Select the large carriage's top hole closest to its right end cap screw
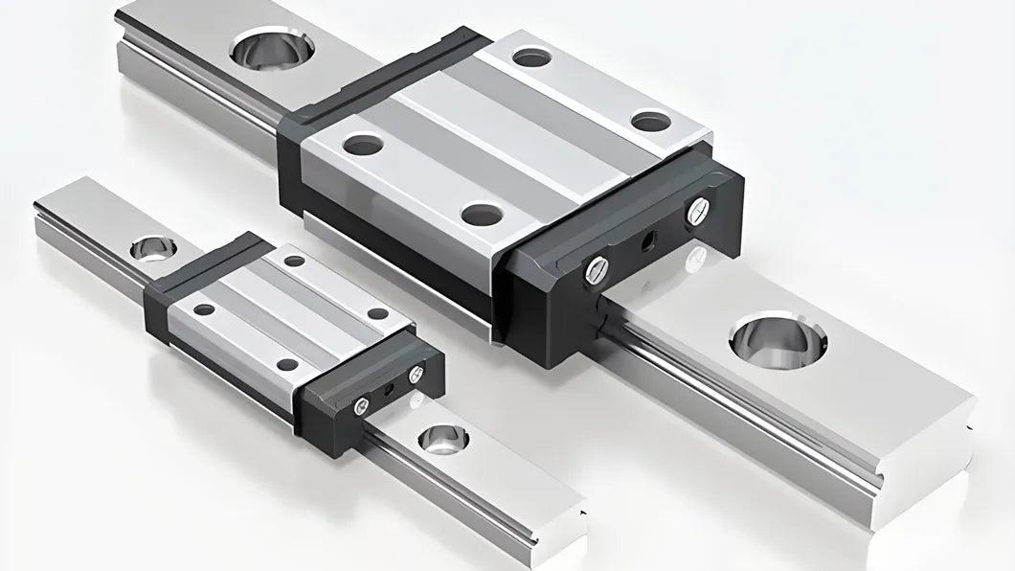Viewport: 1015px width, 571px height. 652,121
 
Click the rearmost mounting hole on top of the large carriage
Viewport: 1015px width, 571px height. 531,57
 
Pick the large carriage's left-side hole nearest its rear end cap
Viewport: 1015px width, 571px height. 364,145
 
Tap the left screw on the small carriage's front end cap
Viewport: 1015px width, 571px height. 360,408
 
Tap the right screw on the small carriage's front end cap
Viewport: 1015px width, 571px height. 416,375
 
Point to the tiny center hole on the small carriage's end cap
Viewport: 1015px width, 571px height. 388,391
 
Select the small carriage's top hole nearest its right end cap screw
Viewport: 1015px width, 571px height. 378,313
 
